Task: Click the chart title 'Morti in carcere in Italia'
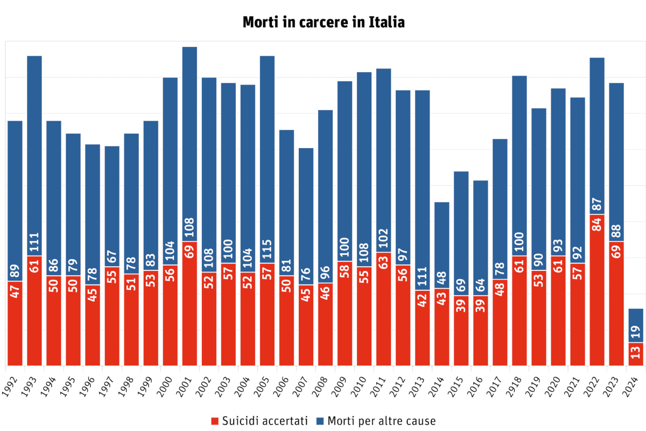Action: [x=323, y=22]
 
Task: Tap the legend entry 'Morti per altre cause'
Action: [x=375, y=421]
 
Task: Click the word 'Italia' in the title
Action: [x=387, y=22]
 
